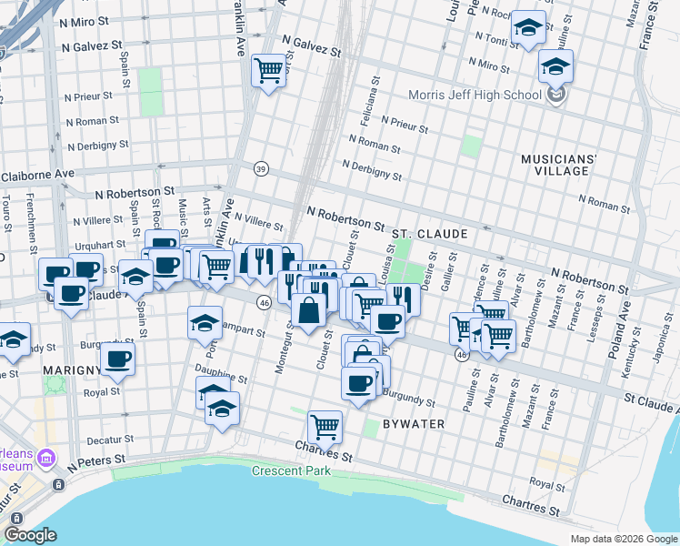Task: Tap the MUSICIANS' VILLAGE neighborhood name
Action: coord(559,165)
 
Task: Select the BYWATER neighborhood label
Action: coord(413,424)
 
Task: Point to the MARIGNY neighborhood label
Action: coord(70,370)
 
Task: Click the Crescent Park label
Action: coord(291,470)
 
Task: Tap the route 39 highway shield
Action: coord(262,168)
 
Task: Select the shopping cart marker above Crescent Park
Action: coord(325,424)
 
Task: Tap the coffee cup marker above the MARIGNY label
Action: coord(117,359)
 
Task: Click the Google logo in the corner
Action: coord(30,535)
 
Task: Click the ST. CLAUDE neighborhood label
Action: coord(429,234)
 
